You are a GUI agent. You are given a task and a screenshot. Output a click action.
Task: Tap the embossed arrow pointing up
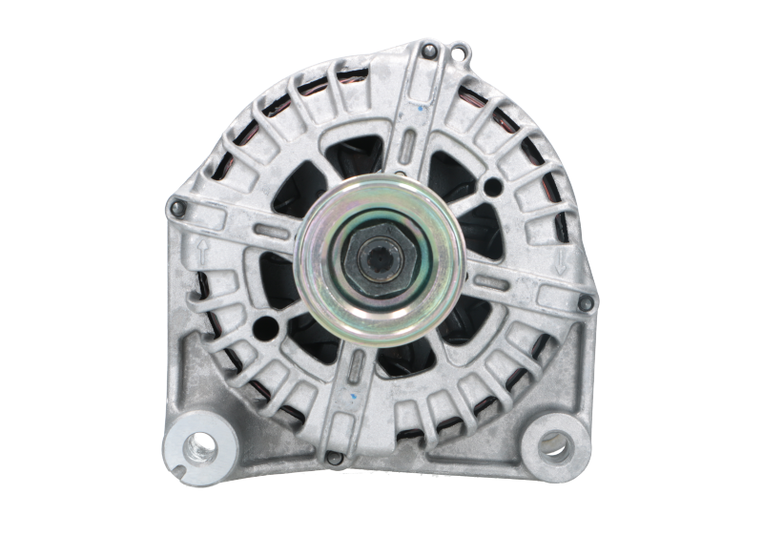coord(203,251)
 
